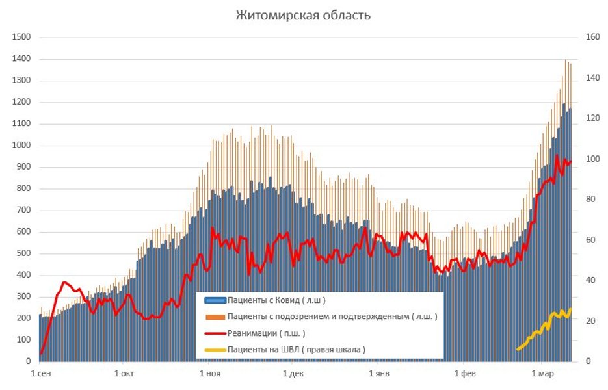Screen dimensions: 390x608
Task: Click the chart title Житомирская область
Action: pyautogui.click(x=303, y=15)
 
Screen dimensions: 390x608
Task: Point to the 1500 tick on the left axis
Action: pyautogui.click(x=21, y=38)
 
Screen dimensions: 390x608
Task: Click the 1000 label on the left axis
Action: pyautogui.click(x=21, y=146)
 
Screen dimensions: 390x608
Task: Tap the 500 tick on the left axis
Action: pyautogui.click(x=23, y=253)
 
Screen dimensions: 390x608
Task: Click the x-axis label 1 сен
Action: pyautogui.click(x=41, y=374)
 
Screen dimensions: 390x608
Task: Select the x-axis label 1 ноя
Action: pyautogui.click(x=209, y=374)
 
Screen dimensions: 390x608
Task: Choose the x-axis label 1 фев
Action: pyautogui.click(x=465, y=374)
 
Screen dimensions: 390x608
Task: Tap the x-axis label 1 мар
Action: pyautogui.click(x=542, y=374)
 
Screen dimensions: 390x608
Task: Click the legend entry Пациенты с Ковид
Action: pyautogui.click(x=276, y=300)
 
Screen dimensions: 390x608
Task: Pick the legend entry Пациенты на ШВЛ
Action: pyautogui.click(x=296, y=350)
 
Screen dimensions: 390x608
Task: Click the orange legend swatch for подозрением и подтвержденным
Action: pyautogui.click(x=215, y=317)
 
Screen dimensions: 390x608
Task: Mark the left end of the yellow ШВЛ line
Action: pyautogui.click(x=518, y=349)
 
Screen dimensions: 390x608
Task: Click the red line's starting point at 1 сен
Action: pyautogui.click(x=41, y=354)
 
